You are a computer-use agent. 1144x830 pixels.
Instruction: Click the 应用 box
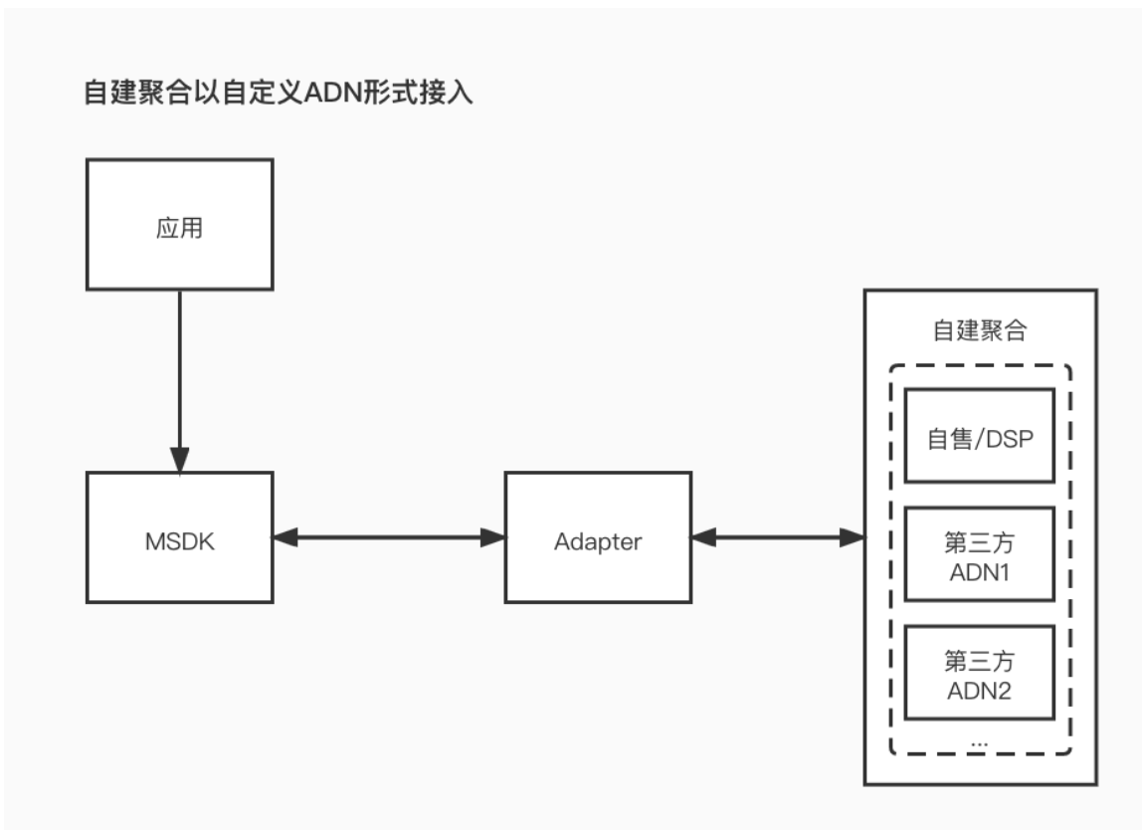click(180, 226)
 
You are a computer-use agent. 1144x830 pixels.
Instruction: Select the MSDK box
click(180, 537)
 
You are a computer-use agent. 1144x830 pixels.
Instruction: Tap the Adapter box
click(598, 537)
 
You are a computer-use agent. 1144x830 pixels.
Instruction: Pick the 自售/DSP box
click(979, 433)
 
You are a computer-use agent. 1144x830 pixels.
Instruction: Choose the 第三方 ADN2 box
click(979, 673)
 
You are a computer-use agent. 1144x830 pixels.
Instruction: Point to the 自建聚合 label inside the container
click(977, 329)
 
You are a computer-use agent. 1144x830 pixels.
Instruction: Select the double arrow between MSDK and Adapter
click(389, 537)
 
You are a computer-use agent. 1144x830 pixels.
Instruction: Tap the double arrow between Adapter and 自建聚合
click(777, 537)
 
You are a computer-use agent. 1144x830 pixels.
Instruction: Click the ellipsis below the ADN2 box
click(978, 741)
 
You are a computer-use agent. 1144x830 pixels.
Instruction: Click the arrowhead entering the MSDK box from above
click(180, 459)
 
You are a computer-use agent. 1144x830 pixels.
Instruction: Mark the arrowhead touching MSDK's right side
click(286, 537)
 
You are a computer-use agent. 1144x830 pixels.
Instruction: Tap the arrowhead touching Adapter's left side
click(493, 537)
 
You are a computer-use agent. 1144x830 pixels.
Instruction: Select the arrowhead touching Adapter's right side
click(702, 537)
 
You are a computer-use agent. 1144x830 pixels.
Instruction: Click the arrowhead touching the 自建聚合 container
click(852, 537)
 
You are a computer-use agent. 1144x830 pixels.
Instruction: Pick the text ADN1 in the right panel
click(979, 573)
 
